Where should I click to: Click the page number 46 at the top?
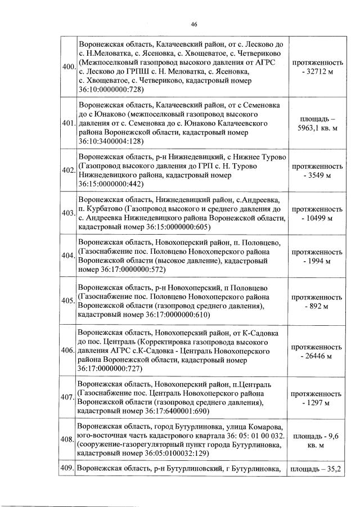pos(193,24)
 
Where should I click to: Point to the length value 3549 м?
pos(318,175)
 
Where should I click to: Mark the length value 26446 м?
pos(318,356)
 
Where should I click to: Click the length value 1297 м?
pos(318,402)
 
